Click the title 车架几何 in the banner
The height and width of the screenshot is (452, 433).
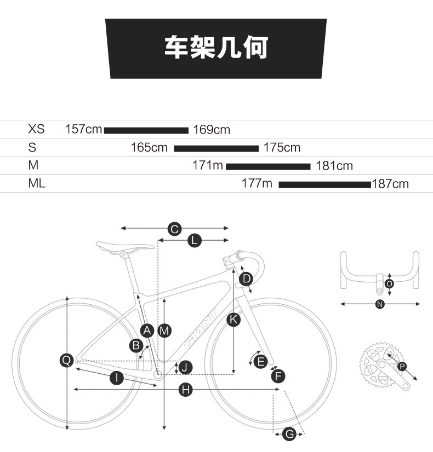click(x=216, y=48)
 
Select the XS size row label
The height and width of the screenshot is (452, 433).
click(x=36, y=130)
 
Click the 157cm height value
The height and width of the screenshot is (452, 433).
click(x=83, y=130)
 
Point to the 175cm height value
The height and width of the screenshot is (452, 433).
click(x=282, y=148)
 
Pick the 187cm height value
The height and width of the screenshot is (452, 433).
click(x=390, y=184)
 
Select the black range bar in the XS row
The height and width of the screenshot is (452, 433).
click(x=146, y=130)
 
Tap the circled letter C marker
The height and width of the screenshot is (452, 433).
click(x=174, y=229)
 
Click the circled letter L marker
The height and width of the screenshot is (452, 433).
click(x=194, y=240)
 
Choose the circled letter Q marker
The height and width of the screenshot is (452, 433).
click(x=66, y=360)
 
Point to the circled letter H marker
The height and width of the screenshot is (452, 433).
click(x=186, y=389)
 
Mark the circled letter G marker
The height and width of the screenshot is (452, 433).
click(x=289, y=434)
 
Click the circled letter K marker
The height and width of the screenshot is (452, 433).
click(x=233, y=320)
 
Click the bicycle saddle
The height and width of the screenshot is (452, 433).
click(x=124, y=246)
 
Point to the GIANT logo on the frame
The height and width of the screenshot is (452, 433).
click(x=201, y=332)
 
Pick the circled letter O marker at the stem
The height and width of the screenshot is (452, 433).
click(x=389, y=283)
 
